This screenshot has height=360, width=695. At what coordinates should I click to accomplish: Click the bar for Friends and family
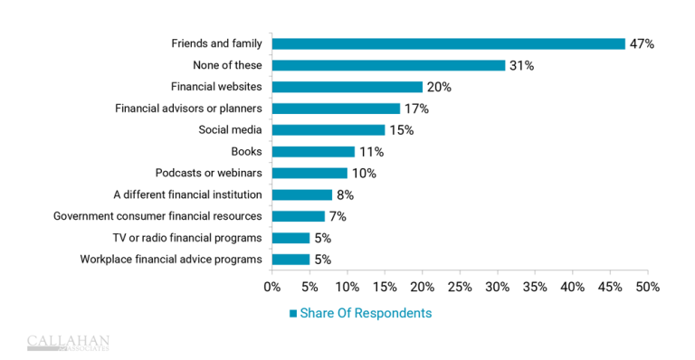tap(448, 43)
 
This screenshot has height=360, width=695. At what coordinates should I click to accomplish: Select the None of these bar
tap(388, 65)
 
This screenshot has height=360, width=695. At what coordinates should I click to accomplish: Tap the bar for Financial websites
tap(347, 87)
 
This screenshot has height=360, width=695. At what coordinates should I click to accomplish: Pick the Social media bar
tap(328, 130)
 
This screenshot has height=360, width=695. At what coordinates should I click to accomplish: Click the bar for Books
tap(313, 152)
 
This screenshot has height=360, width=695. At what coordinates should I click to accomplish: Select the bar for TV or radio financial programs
tap(290, 238)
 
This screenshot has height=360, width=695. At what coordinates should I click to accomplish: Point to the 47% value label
tap(642, 43)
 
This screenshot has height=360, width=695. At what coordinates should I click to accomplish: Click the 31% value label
tap(521, 65)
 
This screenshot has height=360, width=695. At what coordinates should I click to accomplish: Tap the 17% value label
tap(416, 109)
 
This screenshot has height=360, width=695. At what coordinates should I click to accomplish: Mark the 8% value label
tap(346, 194)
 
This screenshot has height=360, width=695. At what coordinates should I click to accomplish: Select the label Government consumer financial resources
tap(157, 216)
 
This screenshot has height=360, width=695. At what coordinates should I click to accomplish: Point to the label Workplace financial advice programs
tap(171, 260)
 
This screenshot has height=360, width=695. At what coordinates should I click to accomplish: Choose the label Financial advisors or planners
tap(188, 109)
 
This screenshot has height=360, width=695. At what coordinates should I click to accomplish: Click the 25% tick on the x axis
tap(460, 287)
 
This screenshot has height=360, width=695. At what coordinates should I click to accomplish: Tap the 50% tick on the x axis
tap(648, 287)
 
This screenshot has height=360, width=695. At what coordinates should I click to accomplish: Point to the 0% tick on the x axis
tap(271, 287)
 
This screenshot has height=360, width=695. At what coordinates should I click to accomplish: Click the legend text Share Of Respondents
tap(366, 313)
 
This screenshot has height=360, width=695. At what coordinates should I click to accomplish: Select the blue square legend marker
tap(293, 314)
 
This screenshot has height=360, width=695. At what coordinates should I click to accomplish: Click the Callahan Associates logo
tap(68, 342)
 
